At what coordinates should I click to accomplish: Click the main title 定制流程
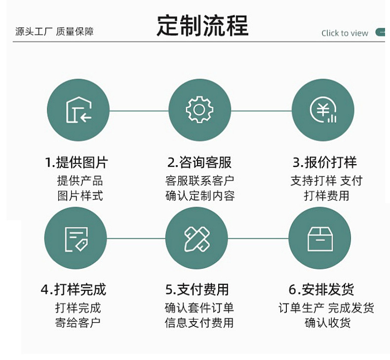point(202,26)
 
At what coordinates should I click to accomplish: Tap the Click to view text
point(345,33)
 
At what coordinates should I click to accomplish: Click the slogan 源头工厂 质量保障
point(54,32)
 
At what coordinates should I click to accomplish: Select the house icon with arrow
point(78,110)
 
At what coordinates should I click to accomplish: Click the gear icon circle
point(199,110)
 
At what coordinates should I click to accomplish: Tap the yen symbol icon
point(323,110)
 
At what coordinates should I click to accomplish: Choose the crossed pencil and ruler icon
point(197,239)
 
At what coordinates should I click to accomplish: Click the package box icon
point(319,239)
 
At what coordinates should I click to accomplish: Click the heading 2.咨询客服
point(199,163)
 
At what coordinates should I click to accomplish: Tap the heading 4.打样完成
point(74,289)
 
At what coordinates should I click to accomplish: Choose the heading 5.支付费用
point(197,289)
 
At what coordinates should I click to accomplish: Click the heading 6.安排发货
point(321,289)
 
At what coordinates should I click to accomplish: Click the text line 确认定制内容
point(199,196)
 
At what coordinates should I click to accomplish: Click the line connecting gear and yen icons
point(261,110)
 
